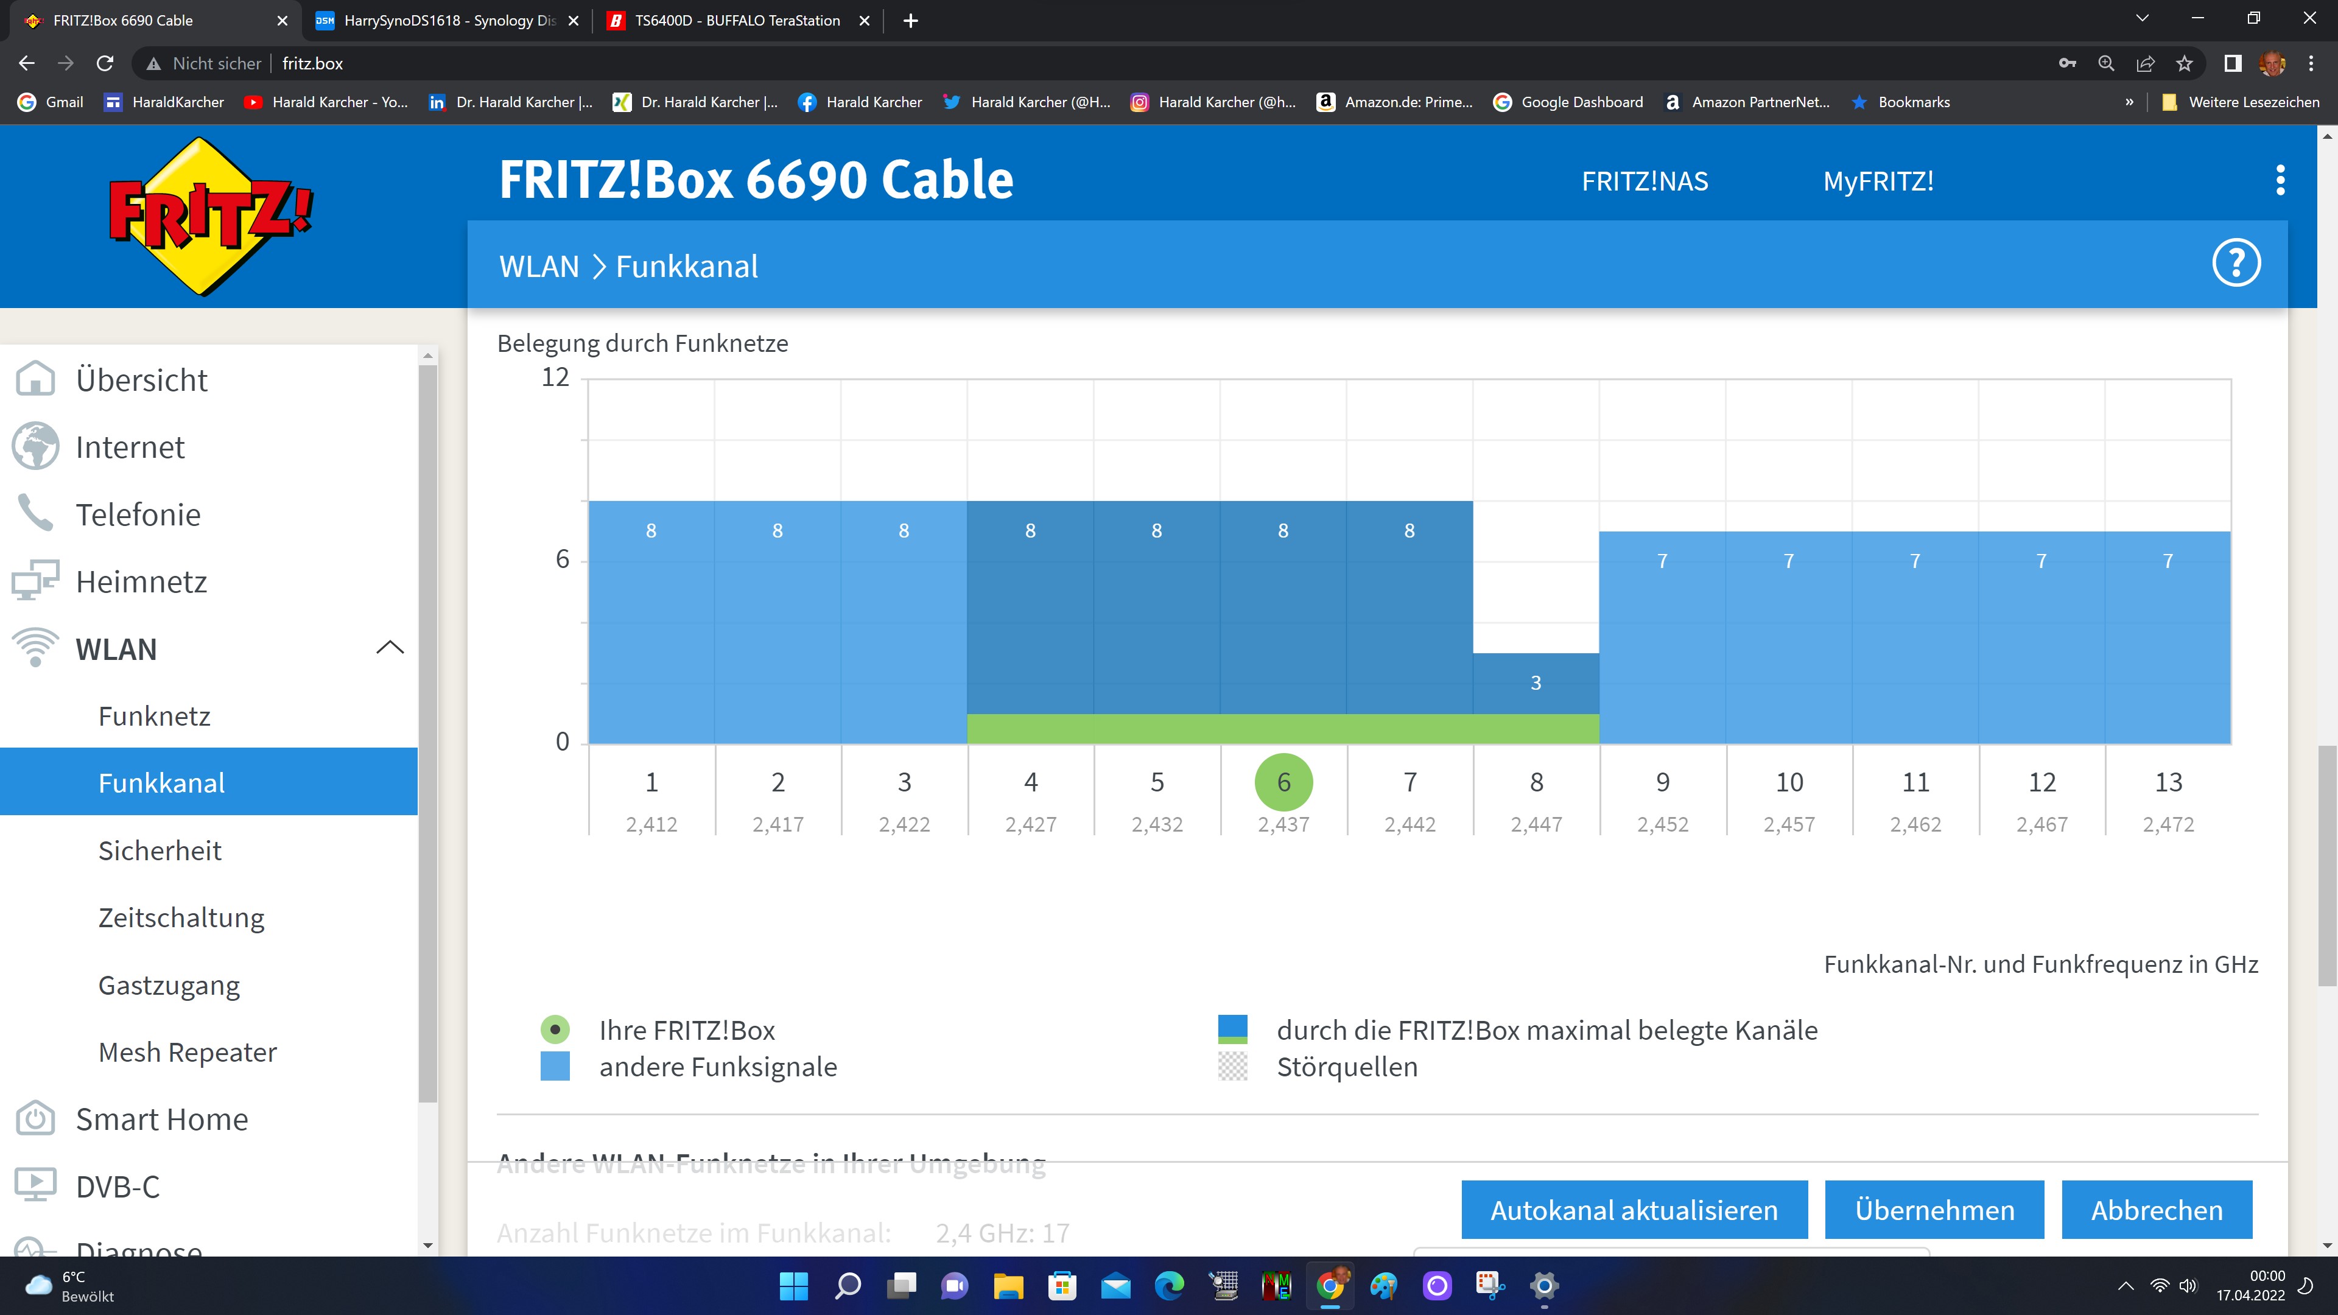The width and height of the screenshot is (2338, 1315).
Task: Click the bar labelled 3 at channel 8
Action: pyautogui.click(x=1536, y=683)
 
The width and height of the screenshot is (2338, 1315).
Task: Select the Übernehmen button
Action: pyautogui.click(x=1934, y=1210)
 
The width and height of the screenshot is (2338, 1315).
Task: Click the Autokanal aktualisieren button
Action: pyautogui.click(x=1634, y=1210)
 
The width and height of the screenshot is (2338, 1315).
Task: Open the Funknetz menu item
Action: pyautogui.click(x=154, y=716)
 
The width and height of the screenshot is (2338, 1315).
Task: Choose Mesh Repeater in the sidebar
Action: pyautogui.click(x=187, y=1052)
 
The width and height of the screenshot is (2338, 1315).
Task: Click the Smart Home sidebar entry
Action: pyautogui.click(x=161, y=1119)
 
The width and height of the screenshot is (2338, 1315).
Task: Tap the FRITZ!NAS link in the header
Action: pyautogui.click(x=1645, y=181)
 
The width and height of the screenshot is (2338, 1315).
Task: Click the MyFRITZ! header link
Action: pyautogui.click(x=1878, y=181)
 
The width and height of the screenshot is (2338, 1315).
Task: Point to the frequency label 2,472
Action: pyautogui.click(x=2168, y=824)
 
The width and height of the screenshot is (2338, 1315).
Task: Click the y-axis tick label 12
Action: pyautogui.click(x=555, y=377)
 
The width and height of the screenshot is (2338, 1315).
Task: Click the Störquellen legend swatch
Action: pyautogui.click(x=1232, y=1067)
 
